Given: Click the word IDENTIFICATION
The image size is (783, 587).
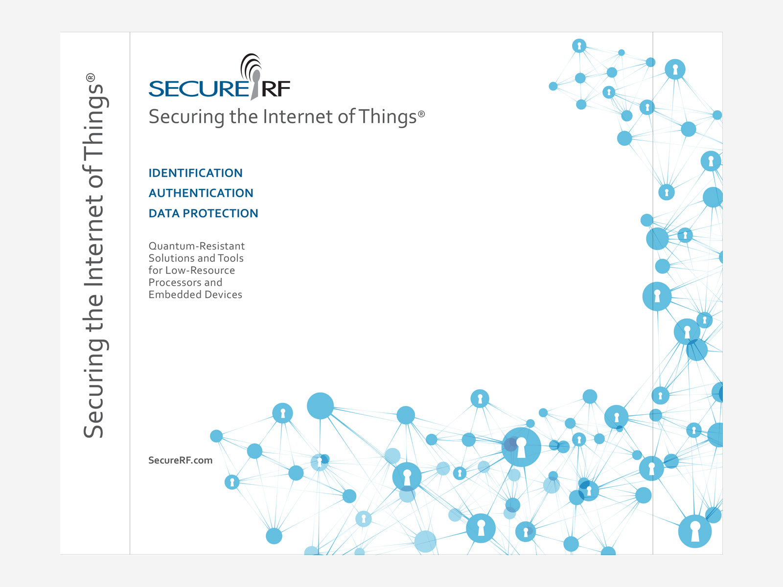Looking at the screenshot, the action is click(195, 173).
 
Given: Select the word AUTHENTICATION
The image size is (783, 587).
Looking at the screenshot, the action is click(201, 193).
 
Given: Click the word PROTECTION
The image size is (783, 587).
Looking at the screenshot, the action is click(220, 213).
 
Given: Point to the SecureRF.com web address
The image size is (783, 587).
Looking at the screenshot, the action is click(181, 460).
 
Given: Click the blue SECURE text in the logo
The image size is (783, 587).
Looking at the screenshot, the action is click(198, 89).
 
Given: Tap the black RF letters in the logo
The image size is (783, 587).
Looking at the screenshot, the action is click(276, 89).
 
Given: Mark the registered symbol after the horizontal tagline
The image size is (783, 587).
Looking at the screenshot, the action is click(421, 113).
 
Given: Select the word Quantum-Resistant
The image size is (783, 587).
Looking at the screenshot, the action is click(197, 246).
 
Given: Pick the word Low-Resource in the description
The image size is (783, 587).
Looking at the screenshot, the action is click(200, 270).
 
